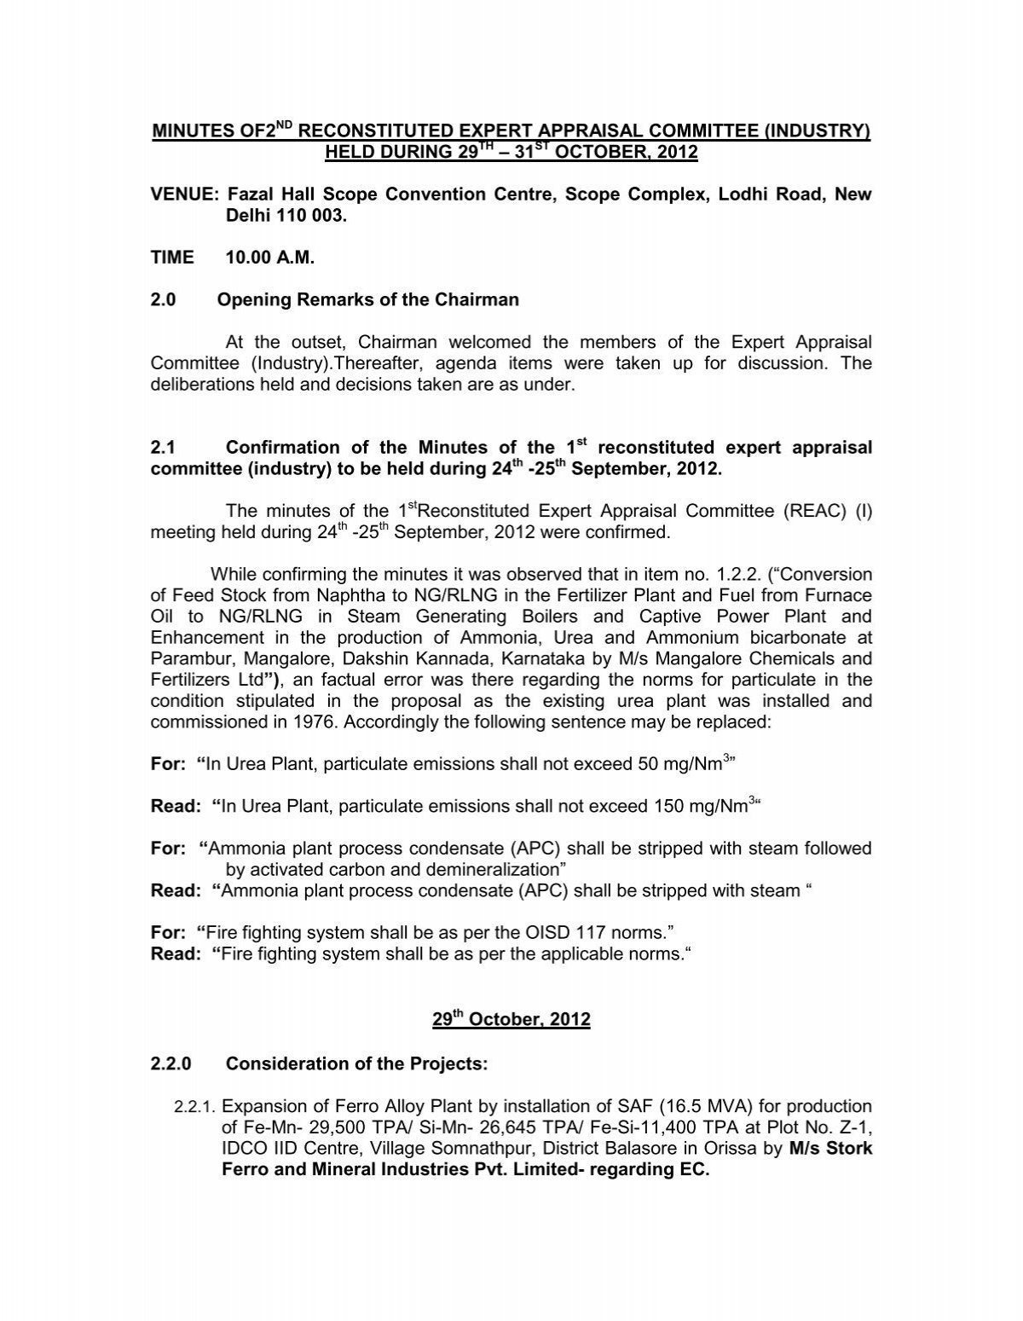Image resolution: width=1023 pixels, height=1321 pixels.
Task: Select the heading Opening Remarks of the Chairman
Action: (368, 300)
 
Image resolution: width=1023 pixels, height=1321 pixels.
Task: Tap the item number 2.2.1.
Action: (196, 1107)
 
